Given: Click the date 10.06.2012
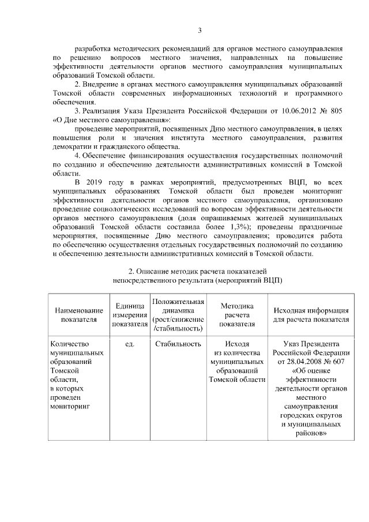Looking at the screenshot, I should [299, 110].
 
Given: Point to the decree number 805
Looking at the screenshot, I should [337, 110].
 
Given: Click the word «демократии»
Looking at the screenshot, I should [70, 147].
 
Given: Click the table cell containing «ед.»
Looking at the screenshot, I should [129, 344].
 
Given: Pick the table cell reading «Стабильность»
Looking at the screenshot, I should [178, 344].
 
